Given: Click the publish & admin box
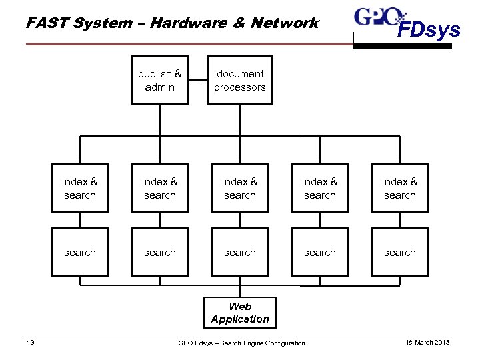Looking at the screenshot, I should click(160, 80).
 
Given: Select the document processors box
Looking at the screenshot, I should click(240, 80).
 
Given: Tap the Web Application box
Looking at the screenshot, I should click(240, 313).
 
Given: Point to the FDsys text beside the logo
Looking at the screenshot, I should click(429, 30).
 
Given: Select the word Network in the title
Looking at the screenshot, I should click(285, 23).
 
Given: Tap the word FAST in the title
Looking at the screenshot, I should click(45, 23).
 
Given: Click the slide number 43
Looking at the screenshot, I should click(30, 343).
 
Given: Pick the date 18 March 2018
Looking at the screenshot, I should click(427, 343).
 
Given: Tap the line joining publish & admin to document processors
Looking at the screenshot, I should click(198, 80).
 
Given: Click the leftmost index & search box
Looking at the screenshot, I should click(80, 189).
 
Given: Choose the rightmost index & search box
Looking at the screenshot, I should click(400, 189).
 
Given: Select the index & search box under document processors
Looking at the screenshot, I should click(240, 189).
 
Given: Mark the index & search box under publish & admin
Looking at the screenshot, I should click(160, 189).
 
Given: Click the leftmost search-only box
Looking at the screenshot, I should click(80, 252).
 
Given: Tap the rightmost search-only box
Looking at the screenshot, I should click(400, 252).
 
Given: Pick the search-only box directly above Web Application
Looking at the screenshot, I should click(240, 252).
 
